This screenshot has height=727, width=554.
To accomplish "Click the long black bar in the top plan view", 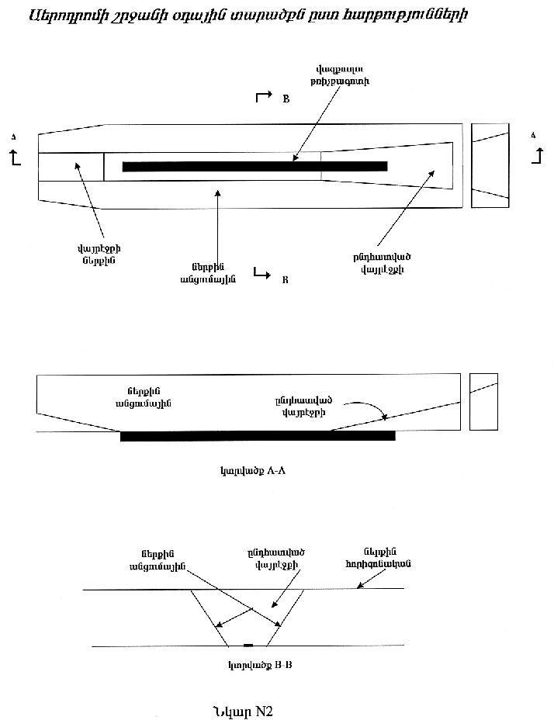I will pyautogui.click(x=254, y=166).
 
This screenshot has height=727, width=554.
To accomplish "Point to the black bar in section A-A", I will pyautogui.click(x=258, y=436).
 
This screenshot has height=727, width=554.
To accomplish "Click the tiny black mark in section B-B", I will pyautogui.click(x=248, y=646).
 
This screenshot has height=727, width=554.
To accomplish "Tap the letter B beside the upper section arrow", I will pyautogui.click(x=286, y=99).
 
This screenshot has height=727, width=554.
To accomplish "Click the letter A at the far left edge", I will pyautogui.click(x=13, y=137).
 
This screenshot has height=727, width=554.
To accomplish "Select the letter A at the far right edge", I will pyautogui.click(x=533, y=135).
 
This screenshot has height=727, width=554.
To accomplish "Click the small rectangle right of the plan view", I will pyautogui.click(x=490, y=165).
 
